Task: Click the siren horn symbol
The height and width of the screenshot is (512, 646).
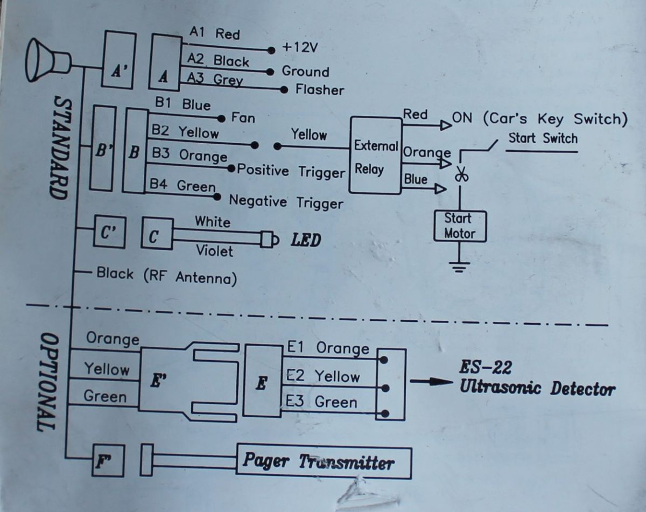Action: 48,60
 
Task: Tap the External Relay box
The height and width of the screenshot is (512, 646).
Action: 376,155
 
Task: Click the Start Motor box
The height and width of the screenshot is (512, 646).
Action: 460,227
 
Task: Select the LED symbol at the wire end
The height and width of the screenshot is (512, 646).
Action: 270,240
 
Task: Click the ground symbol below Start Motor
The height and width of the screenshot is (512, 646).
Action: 459,267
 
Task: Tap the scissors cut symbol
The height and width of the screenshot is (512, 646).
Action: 461,174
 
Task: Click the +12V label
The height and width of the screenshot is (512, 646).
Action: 300,47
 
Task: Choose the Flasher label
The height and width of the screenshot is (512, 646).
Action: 320,90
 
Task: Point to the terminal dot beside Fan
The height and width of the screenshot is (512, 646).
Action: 221,118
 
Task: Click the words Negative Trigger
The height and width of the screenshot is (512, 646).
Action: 286,202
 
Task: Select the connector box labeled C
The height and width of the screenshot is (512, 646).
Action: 157,234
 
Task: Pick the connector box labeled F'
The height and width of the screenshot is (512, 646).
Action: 108,460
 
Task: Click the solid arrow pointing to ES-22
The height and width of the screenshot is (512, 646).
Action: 431,382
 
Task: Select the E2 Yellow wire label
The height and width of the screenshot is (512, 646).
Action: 323,376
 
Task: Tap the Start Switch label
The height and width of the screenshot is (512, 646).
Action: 543,138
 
